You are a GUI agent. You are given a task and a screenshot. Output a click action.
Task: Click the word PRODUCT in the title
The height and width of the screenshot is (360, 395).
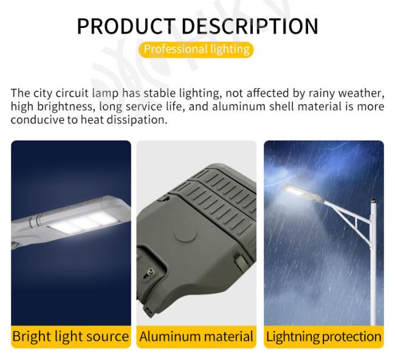click(x=126, y=26)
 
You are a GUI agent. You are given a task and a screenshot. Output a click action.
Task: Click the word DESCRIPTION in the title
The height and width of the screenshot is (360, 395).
click(x=250, y=26)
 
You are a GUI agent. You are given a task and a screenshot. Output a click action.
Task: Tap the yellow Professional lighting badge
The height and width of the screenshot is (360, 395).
click(x=196, y=49)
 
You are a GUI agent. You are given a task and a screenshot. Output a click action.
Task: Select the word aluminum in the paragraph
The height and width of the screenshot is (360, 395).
click(x=239, y=106)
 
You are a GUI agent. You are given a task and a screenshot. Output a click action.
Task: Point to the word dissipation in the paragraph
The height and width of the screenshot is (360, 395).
click(x=137, y=120)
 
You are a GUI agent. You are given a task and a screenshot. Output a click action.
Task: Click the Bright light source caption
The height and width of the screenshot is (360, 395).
click(x=70, y=336)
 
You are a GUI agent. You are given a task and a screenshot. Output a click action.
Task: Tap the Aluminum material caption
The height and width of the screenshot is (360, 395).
click(x=196, y=336)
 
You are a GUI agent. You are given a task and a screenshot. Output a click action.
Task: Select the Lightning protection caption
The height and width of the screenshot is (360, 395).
click(x=324, y=336)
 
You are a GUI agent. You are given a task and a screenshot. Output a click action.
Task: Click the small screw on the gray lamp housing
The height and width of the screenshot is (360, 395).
click(x=151, y=271)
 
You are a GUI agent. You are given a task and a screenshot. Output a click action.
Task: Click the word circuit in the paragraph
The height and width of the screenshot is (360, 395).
click(x=72, y=93)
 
